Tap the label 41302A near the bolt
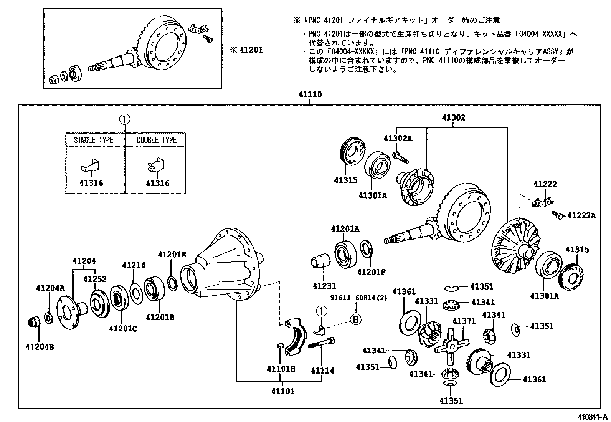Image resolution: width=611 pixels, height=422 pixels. (397, 139)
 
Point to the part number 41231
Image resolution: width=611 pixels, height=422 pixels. (324, 286)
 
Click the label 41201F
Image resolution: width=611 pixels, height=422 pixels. (371, 272)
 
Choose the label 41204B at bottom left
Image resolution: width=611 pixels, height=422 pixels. (40, 347)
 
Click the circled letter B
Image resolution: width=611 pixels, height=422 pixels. (356, 319)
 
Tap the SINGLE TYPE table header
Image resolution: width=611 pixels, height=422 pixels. (94, 140)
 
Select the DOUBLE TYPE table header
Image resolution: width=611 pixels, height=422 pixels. (157, 140)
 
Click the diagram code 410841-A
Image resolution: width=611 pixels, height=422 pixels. (593, 417)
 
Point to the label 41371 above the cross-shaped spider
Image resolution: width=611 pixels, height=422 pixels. (464, 321)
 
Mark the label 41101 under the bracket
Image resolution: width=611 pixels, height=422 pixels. (282, 392)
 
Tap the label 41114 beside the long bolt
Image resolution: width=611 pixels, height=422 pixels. (322, 371)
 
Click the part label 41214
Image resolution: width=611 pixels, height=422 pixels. (134, 265)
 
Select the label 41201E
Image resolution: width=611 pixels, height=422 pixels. (172, 254)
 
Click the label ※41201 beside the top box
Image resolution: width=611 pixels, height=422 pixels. (246, 50)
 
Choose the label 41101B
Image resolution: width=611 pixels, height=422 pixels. (281, 369)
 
